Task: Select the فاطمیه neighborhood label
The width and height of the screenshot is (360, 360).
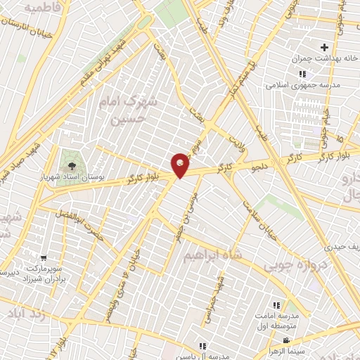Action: click(40, 7)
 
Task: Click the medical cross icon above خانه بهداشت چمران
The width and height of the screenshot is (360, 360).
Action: click(324, 46)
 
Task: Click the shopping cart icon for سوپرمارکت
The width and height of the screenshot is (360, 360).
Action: click(44, 259)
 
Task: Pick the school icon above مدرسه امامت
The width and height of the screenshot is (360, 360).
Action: click(276, 304)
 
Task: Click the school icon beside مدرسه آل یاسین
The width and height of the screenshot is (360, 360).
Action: click(202, 346)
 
